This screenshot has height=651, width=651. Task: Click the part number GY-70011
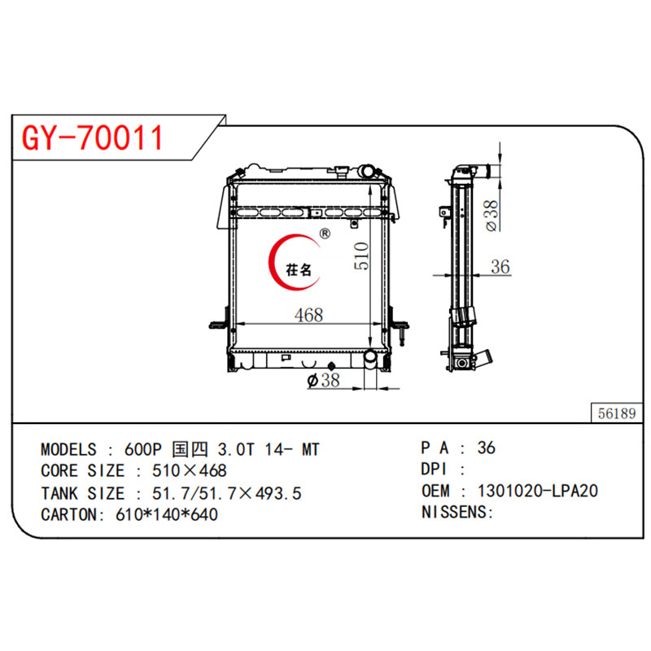point(92,139)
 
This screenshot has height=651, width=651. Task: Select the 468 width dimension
point(310,315)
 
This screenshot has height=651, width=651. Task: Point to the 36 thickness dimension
point(500,266)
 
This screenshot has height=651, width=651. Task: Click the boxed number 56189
point(615,413)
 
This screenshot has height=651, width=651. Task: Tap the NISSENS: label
point(458,512)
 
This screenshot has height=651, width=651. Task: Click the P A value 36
point(487,448)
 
